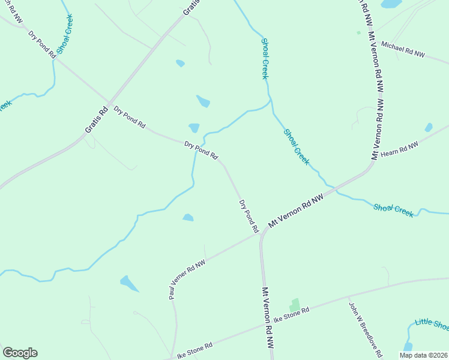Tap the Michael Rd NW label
click(403, 50)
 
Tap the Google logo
click(20, 353)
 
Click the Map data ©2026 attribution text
click(423, 355)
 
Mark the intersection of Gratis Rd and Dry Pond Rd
click(109, 101)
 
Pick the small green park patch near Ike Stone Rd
click(294, 305)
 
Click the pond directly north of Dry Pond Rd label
click(194, 128)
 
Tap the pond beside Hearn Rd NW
click(428, 127)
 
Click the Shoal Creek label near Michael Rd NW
click(265, 58)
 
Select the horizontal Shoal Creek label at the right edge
click(393, 210)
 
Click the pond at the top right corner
click(391, 4)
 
